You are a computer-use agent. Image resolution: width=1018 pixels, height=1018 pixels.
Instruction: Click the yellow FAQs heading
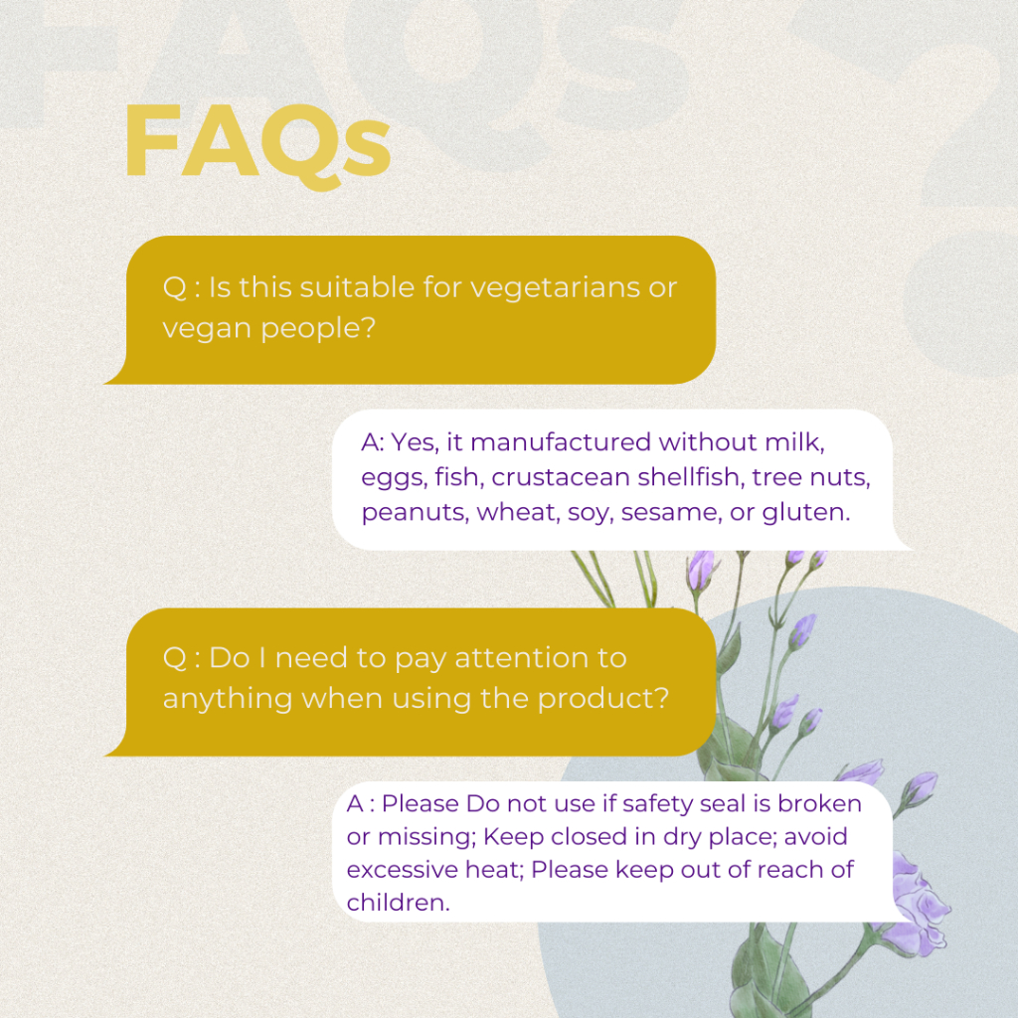tap(257, 145)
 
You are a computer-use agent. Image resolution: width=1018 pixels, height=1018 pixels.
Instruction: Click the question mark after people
tap(369, 326)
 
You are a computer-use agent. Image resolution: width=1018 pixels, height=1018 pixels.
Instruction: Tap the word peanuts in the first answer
tap(415, 512)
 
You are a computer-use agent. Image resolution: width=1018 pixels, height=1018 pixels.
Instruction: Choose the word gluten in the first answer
tap(805, 512)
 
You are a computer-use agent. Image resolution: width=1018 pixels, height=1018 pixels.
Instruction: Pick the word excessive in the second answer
tap(397, 870)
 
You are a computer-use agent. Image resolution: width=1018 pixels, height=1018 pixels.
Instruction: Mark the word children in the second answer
tap(398, 903)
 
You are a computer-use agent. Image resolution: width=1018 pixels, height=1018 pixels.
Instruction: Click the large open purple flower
tap(917, 906)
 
